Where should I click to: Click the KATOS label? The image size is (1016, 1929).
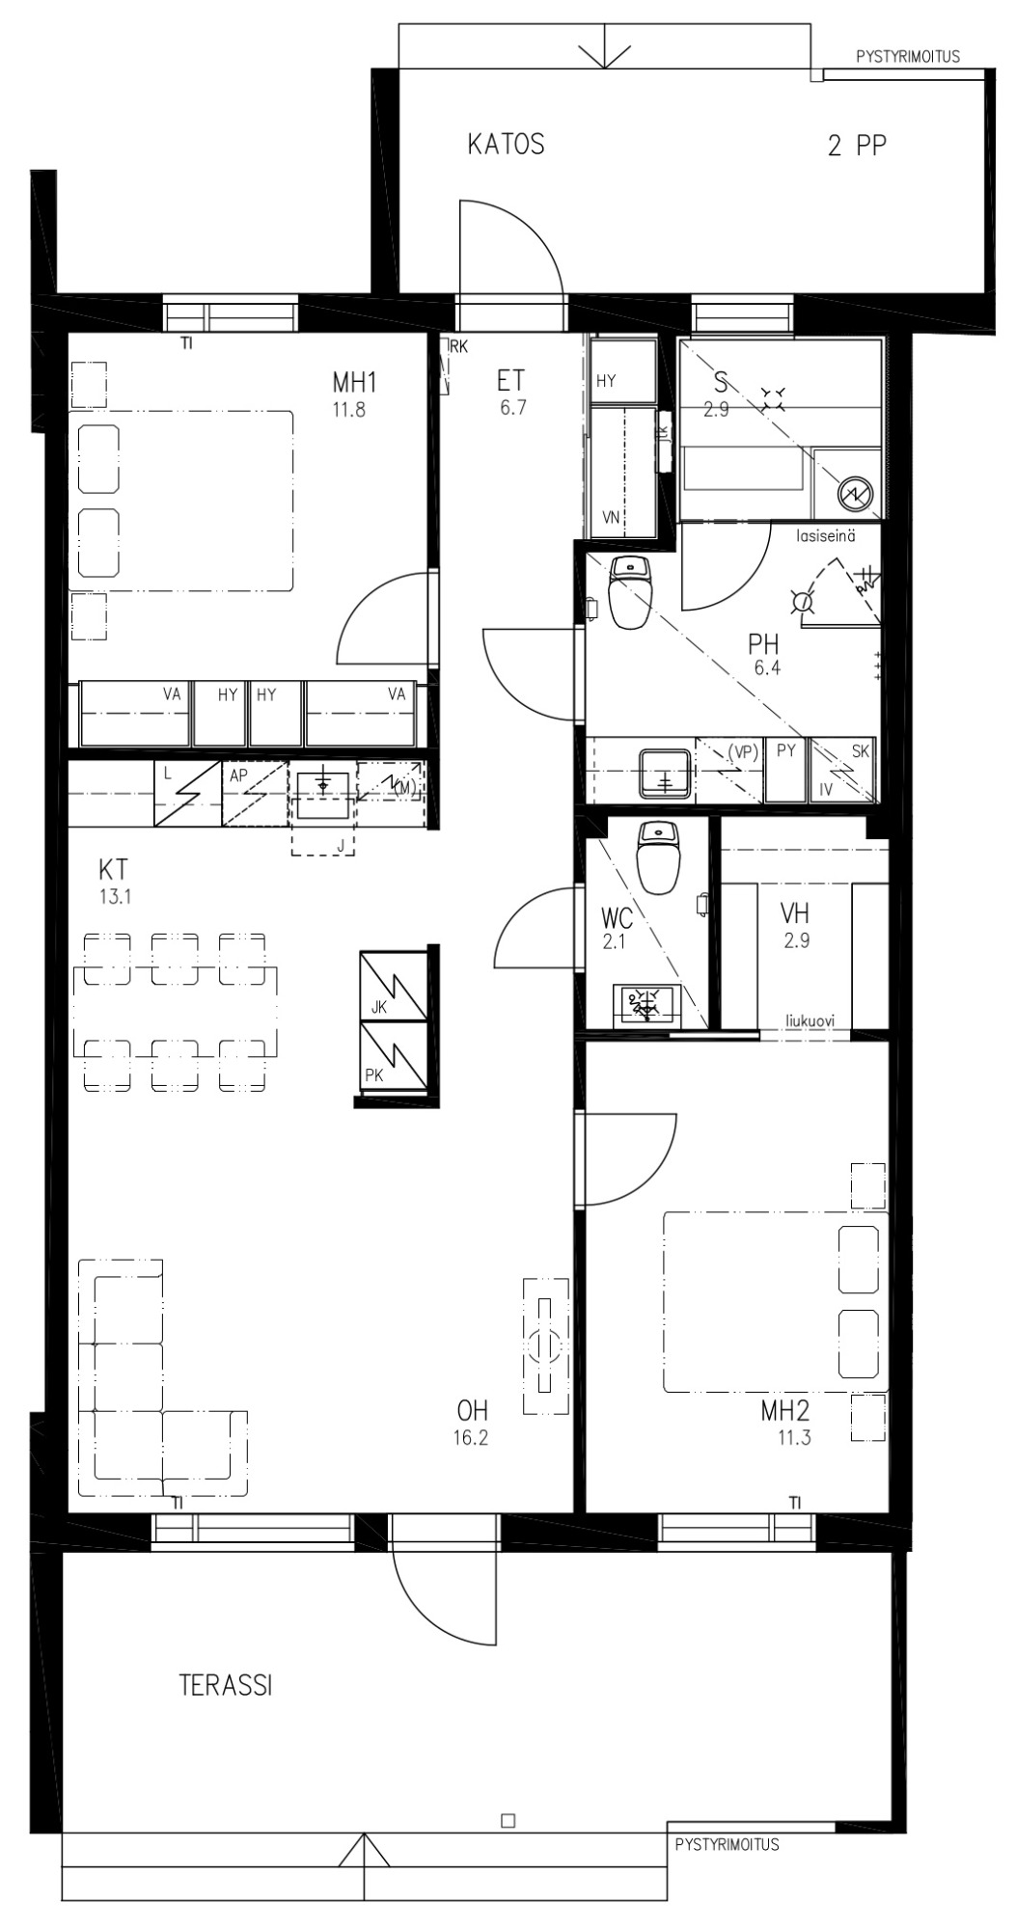(x=506, y=145)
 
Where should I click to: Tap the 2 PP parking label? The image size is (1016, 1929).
(x=857, y=146)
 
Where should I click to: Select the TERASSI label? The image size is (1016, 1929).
(x=226, y=1684)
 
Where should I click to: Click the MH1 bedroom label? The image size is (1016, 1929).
(x=354, y=383)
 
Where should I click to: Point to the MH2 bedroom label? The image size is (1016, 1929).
(x=784, y=1411)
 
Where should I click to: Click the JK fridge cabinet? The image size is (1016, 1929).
(x=394, y=986)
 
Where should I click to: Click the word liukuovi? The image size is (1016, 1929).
(x=810, y=1020)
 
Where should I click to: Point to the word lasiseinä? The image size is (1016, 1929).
(x=825, y=536)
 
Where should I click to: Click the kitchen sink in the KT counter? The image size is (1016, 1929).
(x=322, y=793)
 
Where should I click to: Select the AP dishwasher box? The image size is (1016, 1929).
(x=255, y=793)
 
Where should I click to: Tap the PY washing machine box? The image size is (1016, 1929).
(x=786, y=770)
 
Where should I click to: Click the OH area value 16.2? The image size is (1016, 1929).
(x=471, y=1438)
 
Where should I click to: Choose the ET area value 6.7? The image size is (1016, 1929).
(x=513, y=407)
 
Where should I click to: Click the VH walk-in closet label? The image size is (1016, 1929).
(x=795, y=912)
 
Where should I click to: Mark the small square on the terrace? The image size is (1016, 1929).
(x=508, y=1821)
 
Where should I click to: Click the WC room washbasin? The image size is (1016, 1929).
(x=645, y=1003)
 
